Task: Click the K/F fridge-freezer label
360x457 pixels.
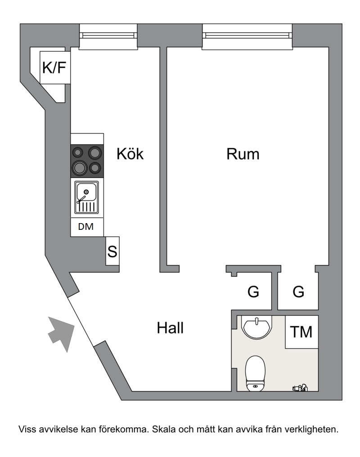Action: (54, 67)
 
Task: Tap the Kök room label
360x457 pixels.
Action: (130, 153)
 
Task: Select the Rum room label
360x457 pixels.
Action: (243, 154)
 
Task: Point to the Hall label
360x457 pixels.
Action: (170, 328)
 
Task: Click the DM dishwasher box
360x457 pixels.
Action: (87, 227)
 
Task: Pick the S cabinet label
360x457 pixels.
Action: (112, 251)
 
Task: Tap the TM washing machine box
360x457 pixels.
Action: (301, 332)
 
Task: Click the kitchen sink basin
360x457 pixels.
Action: (86, 197)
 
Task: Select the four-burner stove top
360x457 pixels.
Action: (87, 161)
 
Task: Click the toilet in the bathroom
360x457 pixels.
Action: (255, 373)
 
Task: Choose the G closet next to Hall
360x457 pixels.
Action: (253, 291)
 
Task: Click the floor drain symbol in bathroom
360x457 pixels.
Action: (300, 388)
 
